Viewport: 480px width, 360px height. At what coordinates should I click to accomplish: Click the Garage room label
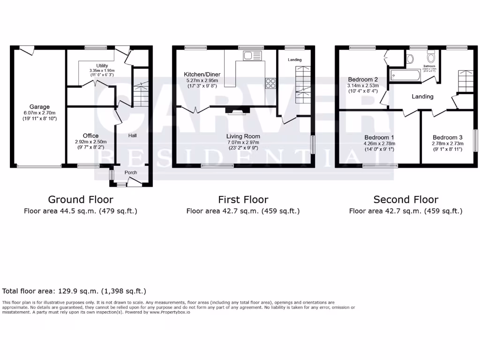pyautogui.click(x=39, y=107)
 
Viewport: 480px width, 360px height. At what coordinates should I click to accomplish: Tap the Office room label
pyautogui.click(x=90, y=136)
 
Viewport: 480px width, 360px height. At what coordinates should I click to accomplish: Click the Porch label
pyautogui.click(x=131, y=172)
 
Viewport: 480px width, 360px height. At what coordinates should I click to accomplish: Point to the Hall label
pyautogui.click(x=133, y=136)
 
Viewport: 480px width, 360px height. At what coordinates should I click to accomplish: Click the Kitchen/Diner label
pyautogui.click(x=202, y=75)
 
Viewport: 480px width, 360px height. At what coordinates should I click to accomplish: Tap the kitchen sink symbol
pyautogui.click(x=252, y=56)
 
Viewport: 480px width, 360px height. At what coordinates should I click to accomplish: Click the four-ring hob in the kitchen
pyautogui.click(x=270, y=83)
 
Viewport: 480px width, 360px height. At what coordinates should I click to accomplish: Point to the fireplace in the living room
pyautogui.click(x=237, y=111)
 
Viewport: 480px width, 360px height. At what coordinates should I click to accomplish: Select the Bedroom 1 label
pyautogui.click(x=379, y=137)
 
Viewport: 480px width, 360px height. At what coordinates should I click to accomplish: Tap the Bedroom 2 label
pyautogui.click(x=362, y=80)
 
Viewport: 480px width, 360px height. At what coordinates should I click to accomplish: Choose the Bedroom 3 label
pyautogui.click(x=448, y=137)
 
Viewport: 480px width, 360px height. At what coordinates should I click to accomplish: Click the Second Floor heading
pyautogui.click(x=405, y=200)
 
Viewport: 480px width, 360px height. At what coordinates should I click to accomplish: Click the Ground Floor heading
pyautogui.click(x=80, y=200)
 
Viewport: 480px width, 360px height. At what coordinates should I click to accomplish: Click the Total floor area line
pyautogui.click(x=74, y=291)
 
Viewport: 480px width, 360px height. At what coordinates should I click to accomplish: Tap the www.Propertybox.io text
pyautogui.click(x=170, y=312)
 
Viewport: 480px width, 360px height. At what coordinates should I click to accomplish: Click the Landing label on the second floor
pyautogui.click(x=422, y=97)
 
